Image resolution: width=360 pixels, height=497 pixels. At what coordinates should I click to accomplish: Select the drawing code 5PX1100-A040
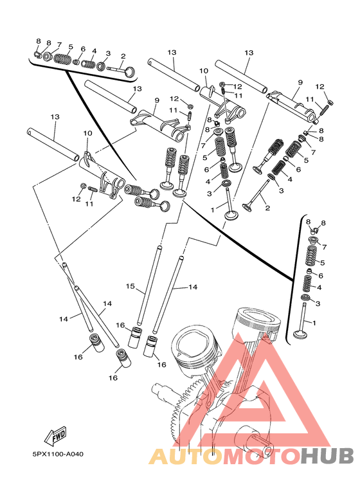58,454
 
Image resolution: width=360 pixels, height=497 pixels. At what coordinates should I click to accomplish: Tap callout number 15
130,286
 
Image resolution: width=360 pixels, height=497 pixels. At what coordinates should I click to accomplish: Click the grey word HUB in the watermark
327,456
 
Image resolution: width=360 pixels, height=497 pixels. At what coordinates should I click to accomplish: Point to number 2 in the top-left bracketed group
123,57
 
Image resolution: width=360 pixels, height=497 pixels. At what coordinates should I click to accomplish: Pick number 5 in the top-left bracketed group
71,46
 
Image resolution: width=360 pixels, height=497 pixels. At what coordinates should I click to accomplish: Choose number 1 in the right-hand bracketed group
314,323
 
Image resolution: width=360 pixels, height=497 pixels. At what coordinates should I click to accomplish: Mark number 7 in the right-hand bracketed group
324,247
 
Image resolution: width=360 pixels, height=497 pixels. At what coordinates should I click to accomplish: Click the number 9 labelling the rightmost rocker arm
300,82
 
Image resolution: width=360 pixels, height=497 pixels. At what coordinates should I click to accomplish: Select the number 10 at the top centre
204,71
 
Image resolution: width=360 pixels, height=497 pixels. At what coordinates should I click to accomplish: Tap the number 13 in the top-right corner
249,52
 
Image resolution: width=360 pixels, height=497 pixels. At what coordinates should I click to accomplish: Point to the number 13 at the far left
55,116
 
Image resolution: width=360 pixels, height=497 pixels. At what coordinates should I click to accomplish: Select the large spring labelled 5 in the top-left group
62,59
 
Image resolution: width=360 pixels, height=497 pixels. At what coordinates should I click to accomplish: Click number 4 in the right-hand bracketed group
319,287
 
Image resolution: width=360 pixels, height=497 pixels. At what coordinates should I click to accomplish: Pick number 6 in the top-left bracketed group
83,49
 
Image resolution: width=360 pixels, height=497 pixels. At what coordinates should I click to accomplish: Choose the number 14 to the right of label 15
193,287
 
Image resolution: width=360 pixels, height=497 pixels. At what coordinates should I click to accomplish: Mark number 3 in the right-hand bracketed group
318,303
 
